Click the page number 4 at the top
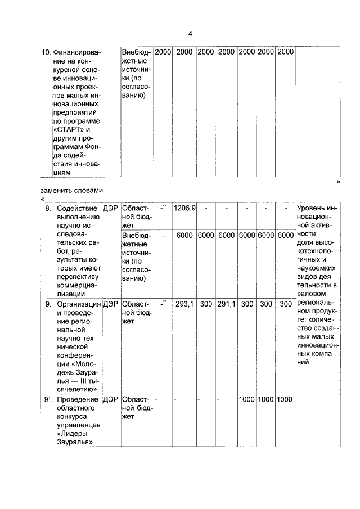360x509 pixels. coord(190,34)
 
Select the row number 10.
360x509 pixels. coord(47,52)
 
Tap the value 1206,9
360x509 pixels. coord(184,209)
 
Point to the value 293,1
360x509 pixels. coord(184,304)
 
